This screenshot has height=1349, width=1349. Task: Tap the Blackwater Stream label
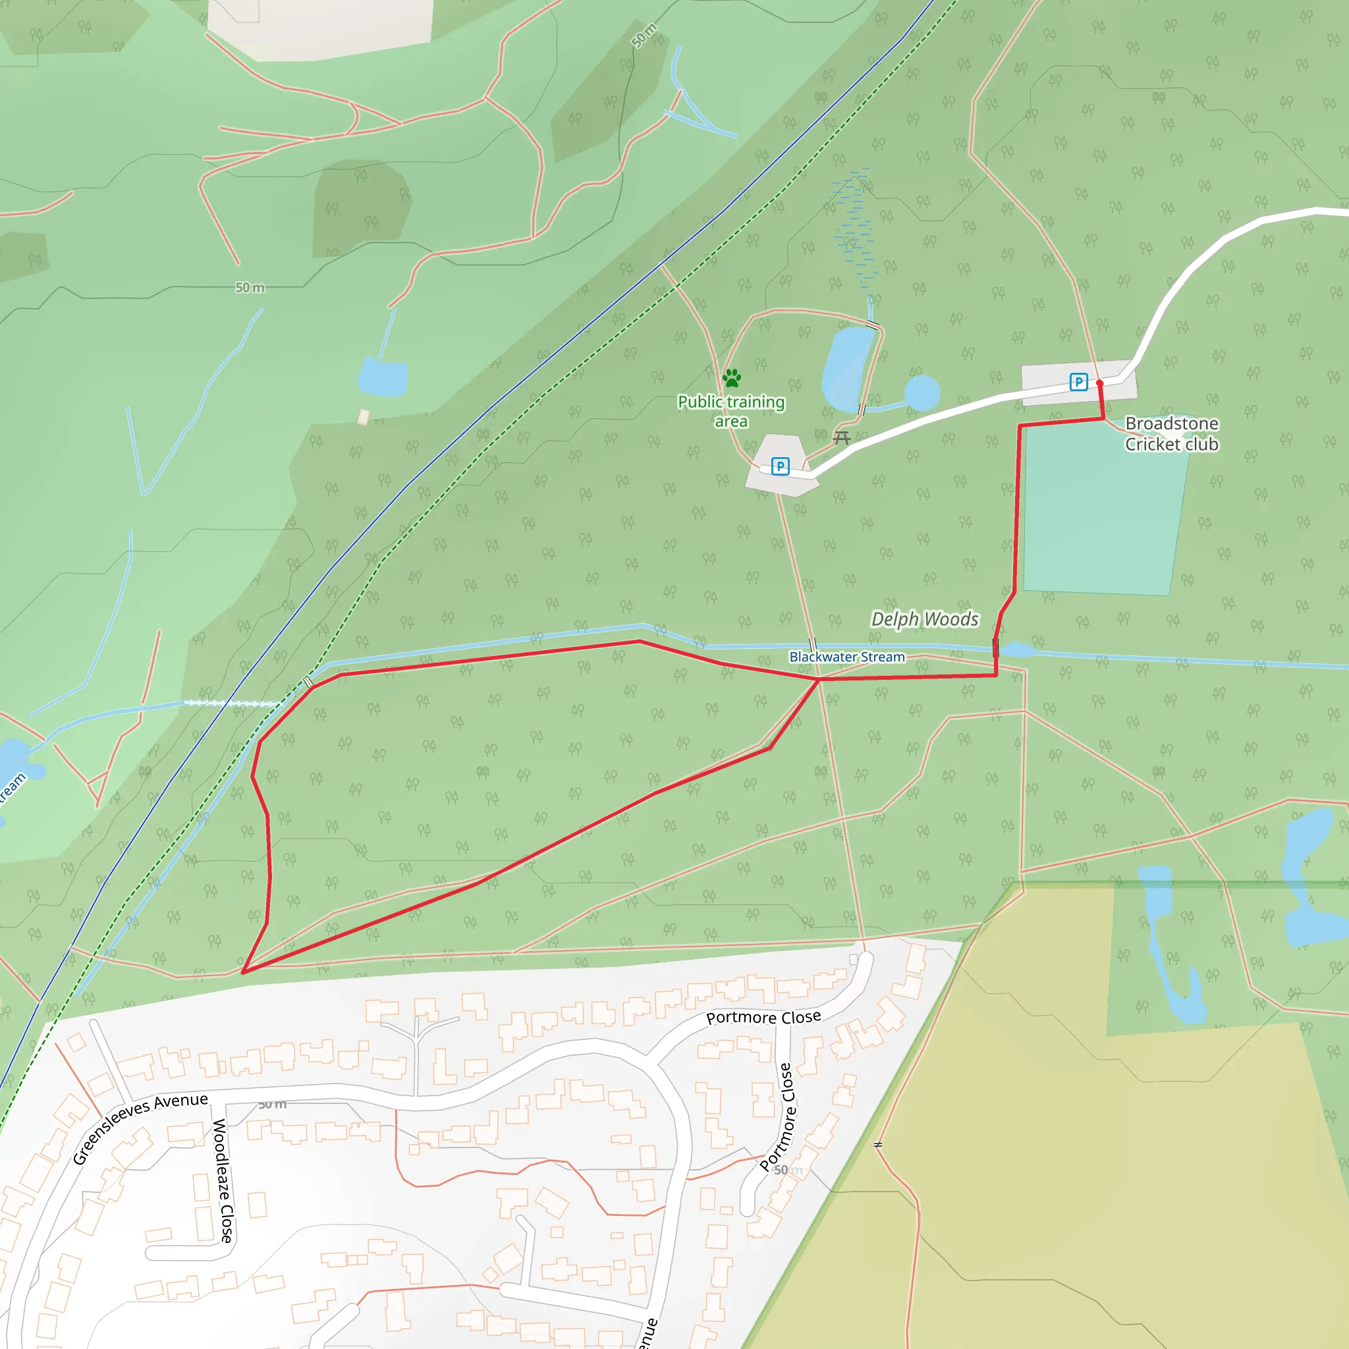[846, 657]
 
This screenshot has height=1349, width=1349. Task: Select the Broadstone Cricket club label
[1172, 433]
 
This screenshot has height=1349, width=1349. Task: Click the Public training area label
[731, 411]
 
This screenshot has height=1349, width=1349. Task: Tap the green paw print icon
[732, 379]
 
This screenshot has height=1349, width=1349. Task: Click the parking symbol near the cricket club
[1078, 382]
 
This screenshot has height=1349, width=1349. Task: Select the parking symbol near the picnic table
[780, 466]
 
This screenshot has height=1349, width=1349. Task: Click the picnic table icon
[841, 438]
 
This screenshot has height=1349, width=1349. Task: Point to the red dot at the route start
[1100, 383]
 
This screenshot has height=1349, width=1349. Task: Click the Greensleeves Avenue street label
[140, 1128]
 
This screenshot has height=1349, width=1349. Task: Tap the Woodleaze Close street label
[223, 1180]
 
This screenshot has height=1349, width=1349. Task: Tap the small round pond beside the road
[922, 393]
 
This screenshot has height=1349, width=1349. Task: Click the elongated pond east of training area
[847, 369]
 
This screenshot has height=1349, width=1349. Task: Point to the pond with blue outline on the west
[383, 377]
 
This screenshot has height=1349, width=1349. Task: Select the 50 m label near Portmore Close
[788, 1170]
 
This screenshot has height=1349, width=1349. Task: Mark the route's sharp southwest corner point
[243, 972]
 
